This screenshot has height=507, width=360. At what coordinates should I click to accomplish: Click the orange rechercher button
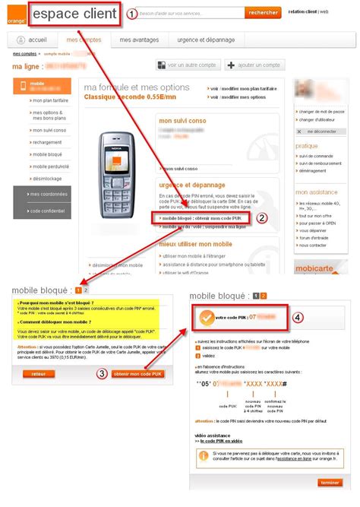point(264,13)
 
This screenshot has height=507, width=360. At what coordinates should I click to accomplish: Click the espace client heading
point(74,13)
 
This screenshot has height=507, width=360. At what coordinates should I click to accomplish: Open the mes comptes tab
point(84,39)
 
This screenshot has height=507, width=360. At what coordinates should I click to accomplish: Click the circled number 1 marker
point(131,14)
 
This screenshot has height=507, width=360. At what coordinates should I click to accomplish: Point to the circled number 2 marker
point(262,217)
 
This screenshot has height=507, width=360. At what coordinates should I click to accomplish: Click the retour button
point(38,374)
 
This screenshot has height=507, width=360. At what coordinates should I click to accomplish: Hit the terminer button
point(330,482)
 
